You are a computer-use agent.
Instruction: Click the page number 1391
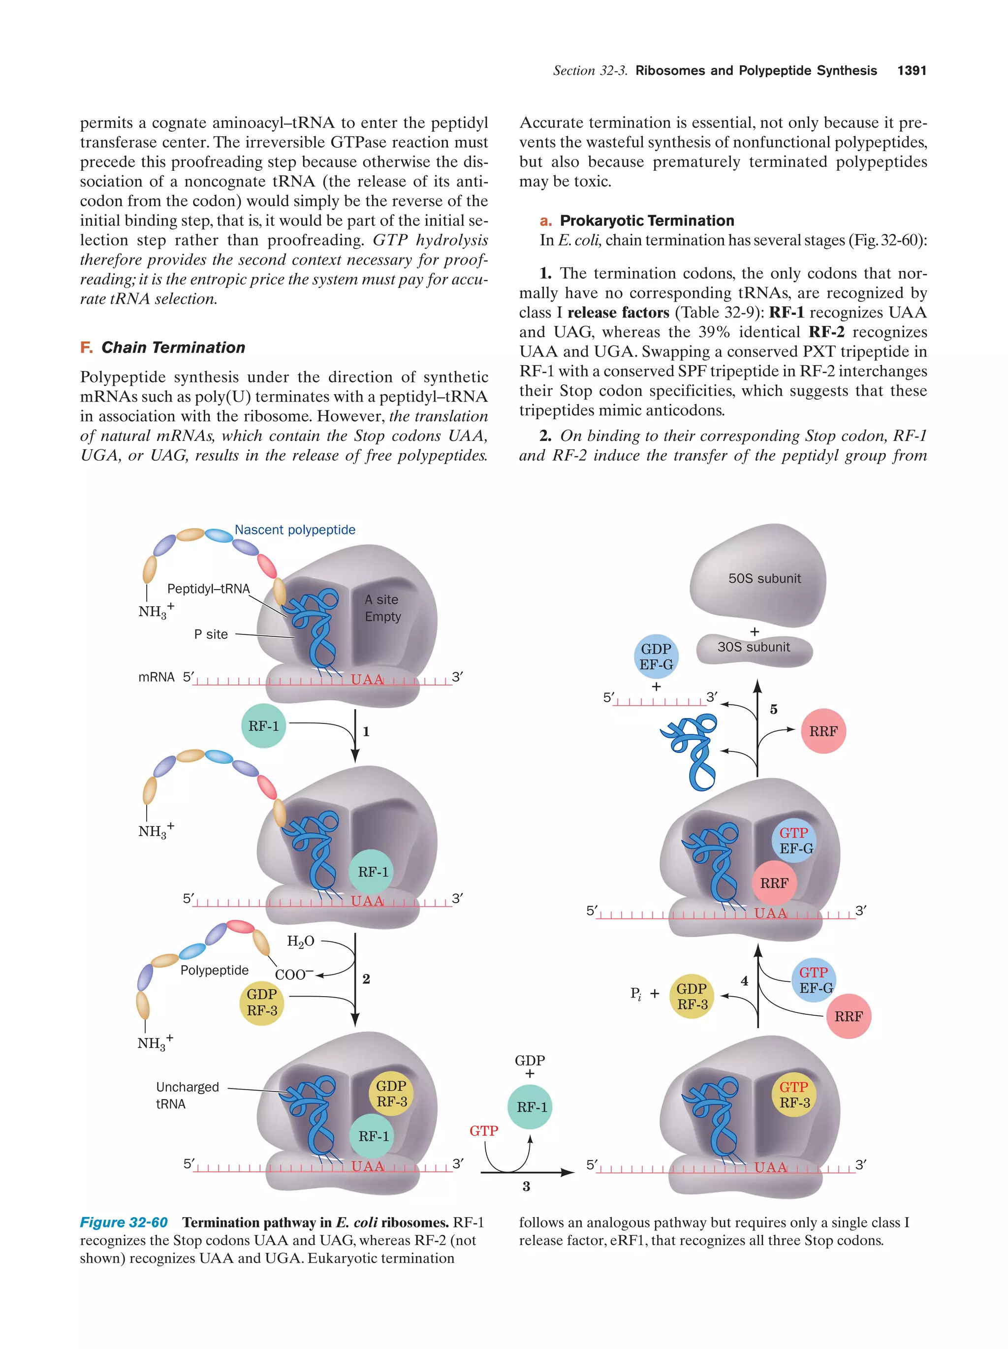[911, 71]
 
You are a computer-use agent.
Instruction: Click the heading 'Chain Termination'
[173, 347]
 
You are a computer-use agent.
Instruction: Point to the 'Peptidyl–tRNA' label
[209, 589]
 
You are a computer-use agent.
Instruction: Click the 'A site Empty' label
[382, 608]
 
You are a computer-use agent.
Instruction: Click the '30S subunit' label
[753, 647]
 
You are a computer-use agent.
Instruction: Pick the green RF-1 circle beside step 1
[263, 726]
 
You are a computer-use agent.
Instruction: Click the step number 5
[773, 709]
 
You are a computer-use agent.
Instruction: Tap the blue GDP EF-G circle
[656, 657]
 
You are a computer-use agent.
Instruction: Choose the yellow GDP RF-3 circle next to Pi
[692, 996]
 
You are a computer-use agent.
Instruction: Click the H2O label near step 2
[301, 941]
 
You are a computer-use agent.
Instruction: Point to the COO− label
[294, 974]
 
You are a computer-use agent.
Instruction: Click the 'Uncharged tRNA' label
[187, 1096]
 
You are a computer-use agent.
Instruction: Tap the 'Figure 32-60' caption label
[124, 1222]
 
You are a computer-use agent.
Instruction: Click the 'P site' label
[211, 634]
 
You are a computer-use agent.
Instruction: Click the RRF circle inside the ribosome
[774, 883]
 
